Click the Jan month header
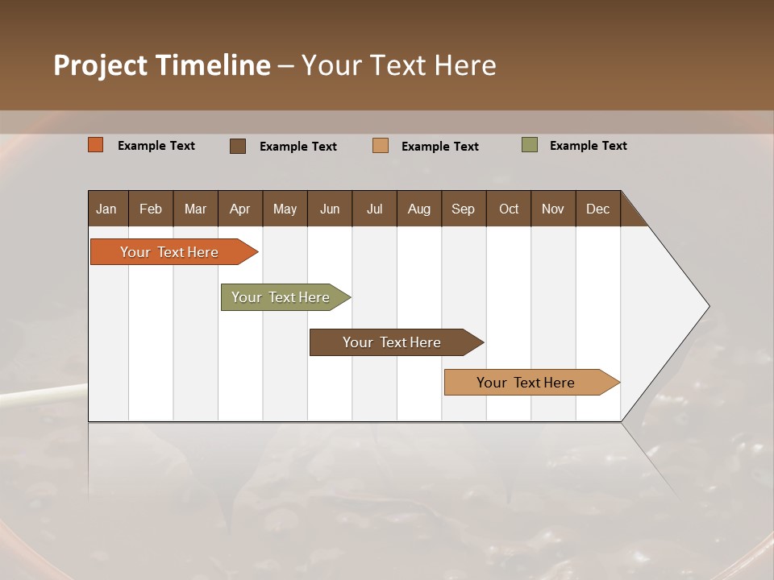(107, 209)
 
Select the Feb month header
(151, 209)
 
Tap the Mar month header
(195, 209)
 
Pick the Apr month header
(240, 209)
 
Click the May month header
(285, 209)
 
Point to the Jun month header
(330, 209)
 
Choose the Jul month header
(374, 209)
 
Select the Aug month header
(419, 209)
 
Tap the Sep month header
(464, 209)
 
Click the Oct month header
(509, 209)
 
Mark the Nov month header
(553, 209)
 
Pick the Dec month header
(598, 209)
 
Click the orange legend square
(96, 145)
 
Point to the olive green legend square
(530, 145)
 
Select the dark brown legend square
(238, 146)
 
